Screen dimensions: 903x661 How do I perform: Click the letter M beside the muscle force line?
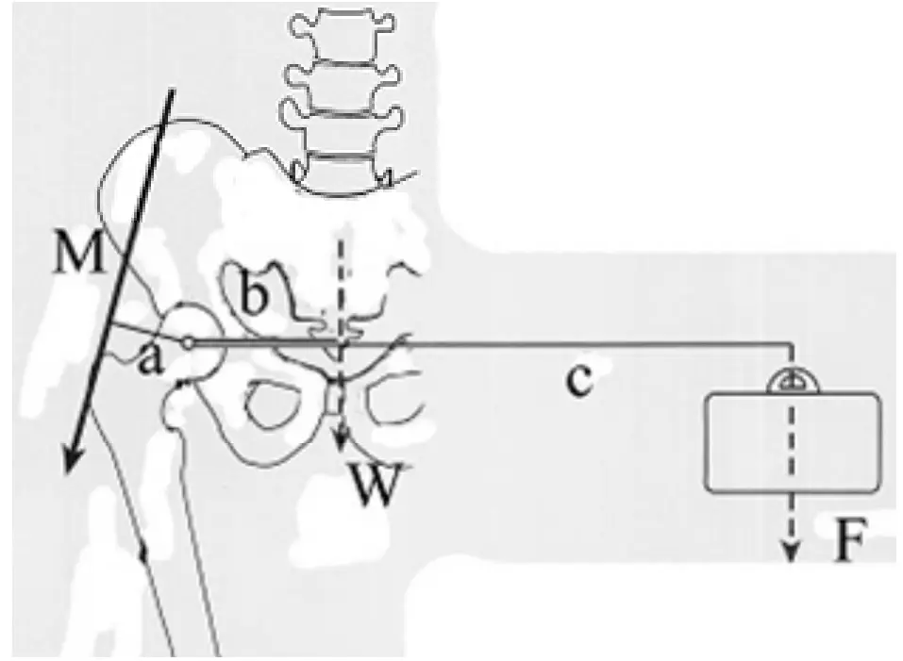click(x=78, y=251)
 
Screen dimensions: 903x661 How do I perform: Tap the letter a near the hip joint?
click(x=150, y=361)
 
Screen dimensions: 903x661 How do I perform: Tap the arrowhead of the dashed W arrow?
click(x=342, y=441)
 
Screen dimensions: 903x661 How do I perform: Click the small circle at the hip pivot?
click(x=188, y=343)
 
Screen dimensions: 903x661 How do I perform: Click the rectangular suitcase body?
click(x=793, y=443)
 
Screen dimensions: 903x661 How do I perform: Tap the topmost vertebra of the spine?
click(x=343, y=36)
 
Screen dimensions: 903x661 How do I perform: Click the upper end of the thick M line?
click(x=171, y=90)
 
